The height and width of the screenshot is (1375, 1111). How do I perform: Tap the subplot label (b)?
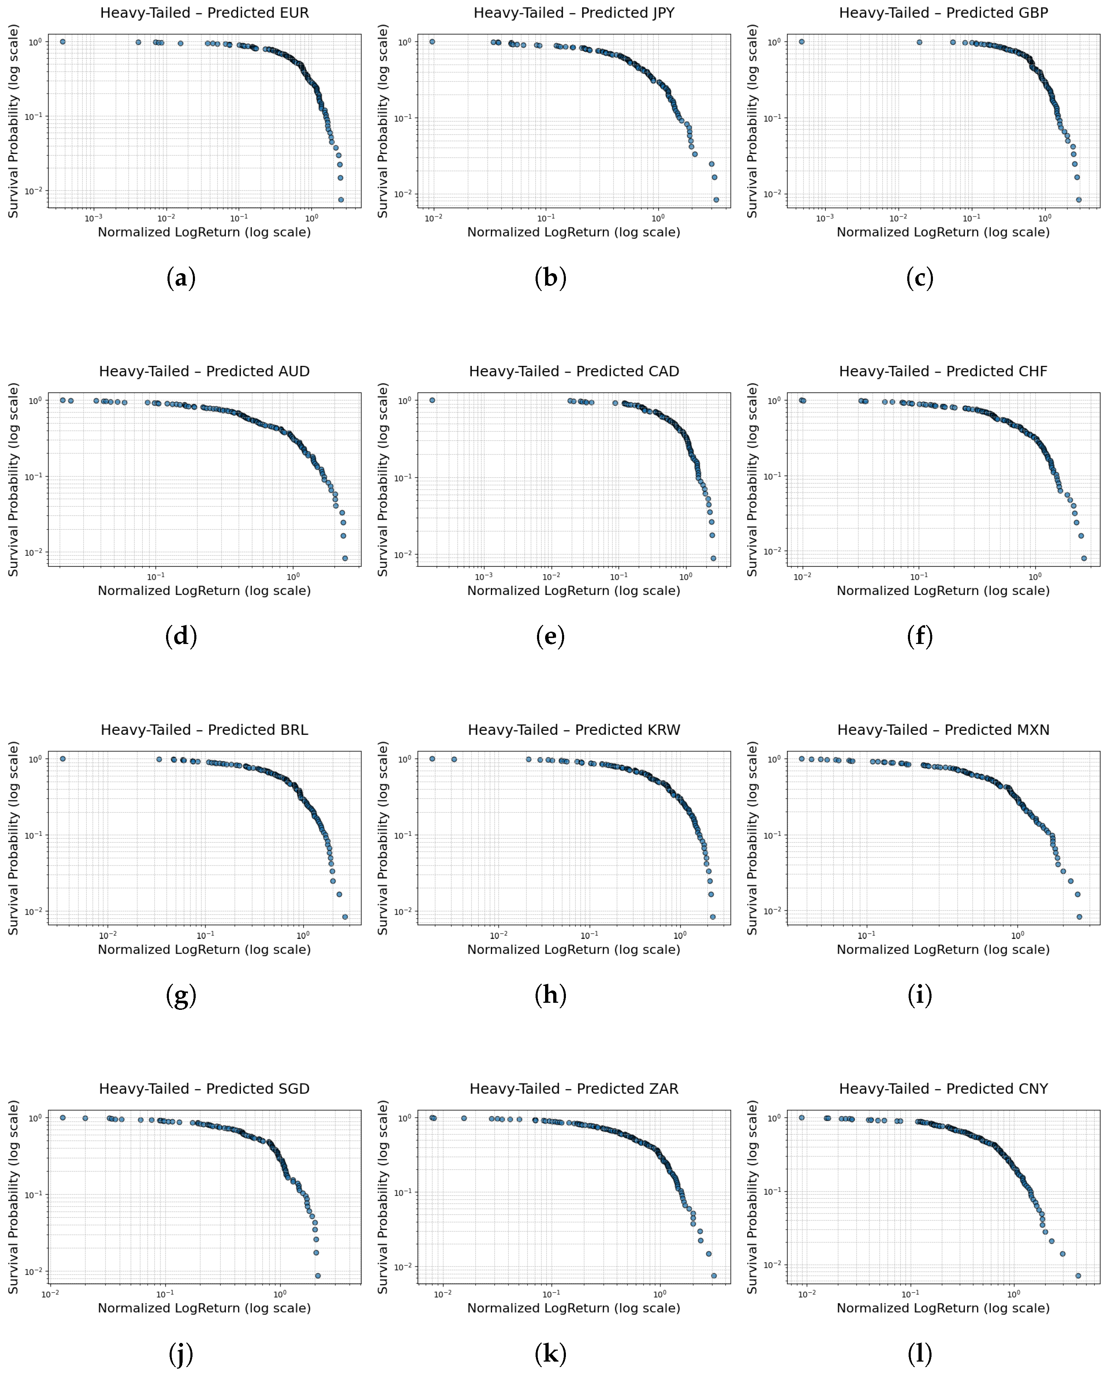[x=550, y=278]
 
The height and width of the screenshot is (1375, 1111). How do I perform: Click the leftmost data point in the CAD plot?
[x=432, y=400]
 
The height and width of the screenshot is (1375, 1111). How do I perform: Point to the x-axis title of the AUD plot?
[x=204, y=590]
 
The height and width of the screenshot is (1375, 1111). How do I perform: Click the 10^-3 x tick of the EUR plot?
[x=93, y=217]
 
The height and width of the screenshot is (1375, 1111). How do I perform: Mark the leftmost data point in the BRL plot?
[x=63, y=759]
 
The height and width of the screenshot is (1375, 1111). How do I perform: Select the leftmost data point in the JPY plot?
[x=432, y=42]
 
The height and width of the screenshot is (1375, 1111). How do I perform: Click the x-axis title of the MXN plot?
[x=943, y=950]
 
